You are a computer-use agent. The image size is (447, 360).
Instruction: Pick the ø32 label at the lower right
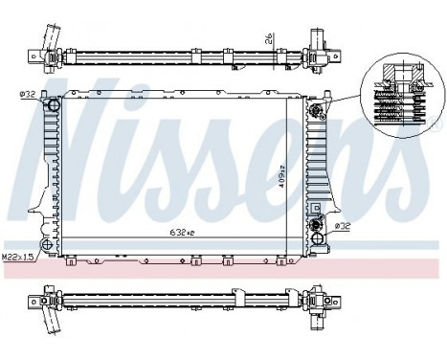(x=343, y=227)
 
